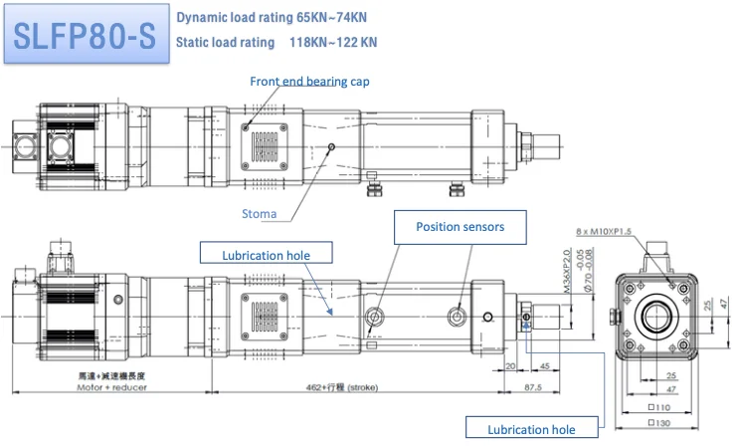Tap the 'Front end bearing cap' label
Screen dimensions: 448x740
point(309,81)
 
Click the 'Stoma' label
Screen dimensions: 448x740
point(259,213)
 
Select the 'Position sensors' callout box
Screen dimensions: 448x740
point(460,227)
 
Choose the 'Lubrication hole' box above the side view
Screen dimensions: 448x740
point(267,256)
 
